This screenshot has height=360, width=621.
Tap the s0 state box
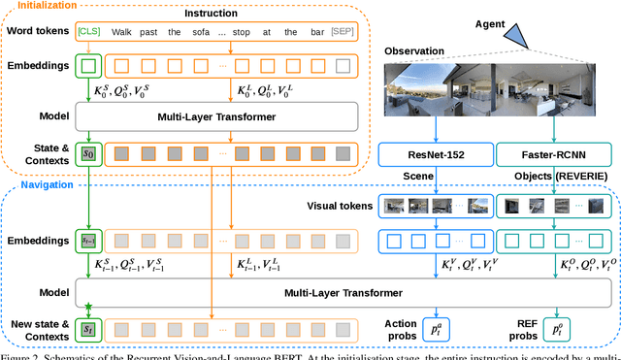coord(89,153)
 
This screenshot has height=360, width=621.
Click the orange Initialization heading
coord(47,6)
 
